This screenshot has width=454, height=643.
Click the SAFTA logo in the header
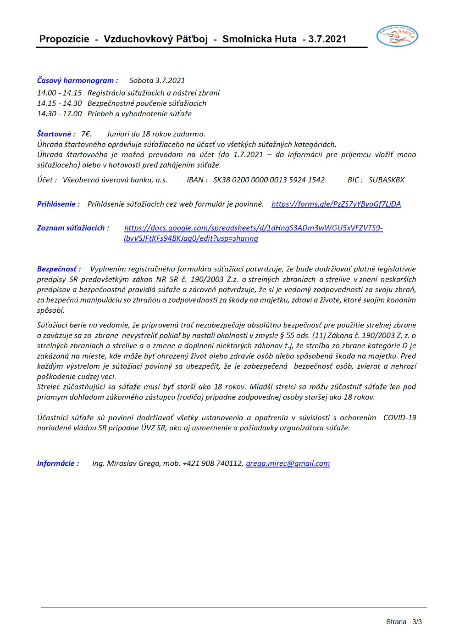coord(397,36)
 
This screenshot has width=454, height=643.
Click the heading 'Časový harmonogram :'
coord(78,80)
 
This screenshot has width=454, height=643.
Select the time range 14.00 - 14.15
coord(59,93)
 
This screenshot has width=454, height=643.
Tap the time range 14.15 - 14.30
coord(59,103)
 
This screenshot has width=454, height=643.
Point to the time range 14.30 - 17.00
coord(59,113)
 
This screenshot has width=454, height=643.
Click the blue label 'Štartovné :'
coord(56,134)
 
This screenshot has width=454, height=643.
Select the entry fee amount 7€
coord(86,134)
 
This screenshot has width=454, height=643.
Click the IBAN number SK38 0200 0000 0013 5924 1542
coord(269,180)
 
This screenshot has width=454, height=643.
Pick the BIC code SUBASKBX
coord(387,180)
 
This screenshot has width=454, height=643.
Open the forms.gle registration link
coord(336,204)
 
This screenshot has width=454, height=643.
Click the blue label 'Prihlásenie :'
coord(58,204)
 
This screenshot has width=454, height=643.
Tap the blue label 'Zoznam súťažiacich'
coord(71,228)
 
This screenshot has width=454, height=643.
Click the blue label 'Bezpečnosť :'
coord(59,269)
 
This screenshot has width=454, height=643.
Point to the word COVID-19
coord(399,417)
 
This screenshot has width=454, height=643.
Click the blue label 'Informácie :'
coord(58,463)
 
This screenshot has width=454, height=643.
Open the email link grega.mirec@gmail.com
coord(288,463)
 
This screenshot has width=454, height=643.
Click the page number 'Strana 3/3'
coord(404,622)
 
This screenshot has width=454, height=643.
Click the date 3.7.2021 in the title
coord(327,39)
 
